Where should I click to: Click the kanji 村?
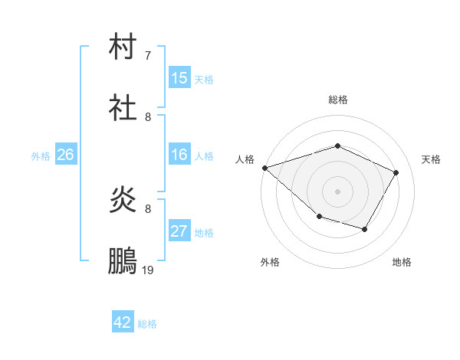click(123, 47)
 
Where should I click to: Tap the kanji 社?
click(123, 108)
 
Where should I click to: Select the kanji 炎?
click(123, 201)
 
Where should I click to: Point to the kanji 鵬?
click(123, 261)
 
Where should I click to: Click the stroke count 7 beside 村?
click(148, 56)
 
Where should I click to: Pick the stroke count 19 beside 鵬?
click(148, 270)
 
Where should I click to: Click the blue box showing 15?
click(179, 78)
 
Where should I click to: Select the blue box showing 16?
click(179, 155)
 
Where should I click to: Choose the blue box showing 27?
click(179, 231)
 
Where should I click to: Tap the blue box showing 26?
click(65, 155)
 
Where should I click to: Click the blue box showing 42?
click(123, 322)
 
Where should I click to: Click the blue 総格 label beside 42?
click(147, 324)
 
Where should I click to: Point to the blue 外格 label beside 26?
click(41, 156)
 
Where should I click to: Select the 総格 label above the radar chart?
click(338, 100)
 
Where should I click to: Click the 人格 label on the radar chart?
click(245, 159)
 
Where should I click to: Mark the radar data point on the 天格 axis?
click(396, 172)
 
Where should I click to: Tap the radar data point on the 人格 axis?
click(264, 167)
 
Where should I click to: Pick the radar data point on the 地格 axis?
click(365, 229)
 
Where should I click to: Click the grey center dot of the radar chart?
click(338, 191)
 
